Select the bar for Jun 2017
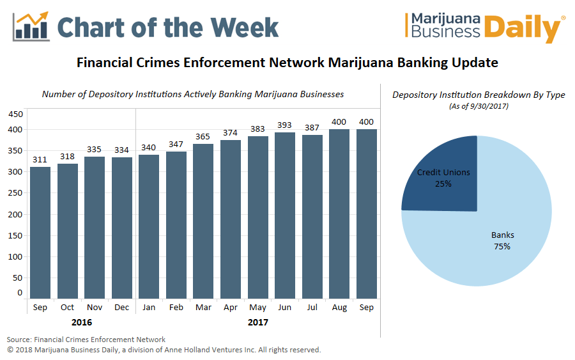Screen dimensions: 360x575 point(285,215)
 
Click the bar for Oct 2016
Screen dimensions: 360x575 point(67,231)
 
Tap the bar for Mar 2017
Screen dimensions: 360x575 point(203,221)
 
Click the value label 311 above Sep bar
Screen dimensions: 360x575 point(40,159)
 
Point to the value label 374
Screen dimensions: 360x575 point(231,132)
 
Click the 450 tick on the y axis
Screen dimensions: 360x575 point(15,114)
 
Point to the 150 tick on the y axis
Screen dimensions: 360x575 point(15,235)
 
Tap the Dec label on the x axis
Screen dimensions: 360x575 point(121,308)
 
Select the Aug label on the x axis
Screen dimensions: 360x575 point(339,308)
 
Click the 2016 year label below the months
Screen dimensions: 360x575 point(81,322)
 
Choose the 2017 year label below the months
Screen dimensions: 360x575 point(258,322)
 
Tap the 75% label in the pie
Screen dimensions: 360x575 point(502,246)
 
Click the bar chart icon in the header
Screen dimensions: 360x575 point(31,26)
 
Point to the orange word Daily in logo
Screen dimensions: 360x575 point(529,29)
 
